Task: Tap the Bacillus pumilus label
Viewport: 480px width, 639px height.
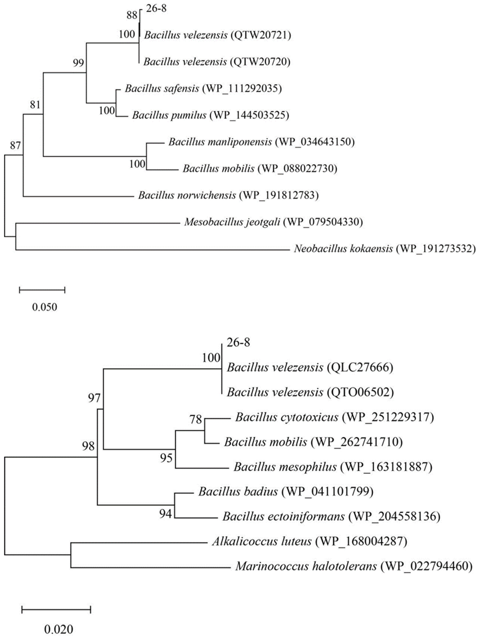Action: [169, 115]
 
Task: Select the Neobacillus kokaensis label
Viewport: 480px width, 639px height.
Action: [343, 248]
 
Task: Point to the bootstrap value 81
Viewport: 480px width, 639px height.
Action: [35, 105]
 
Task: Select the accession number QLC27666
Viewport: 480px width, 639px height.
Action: [360, 368]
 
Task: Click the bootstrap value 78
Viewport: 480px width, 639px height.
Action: [196, 419]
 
